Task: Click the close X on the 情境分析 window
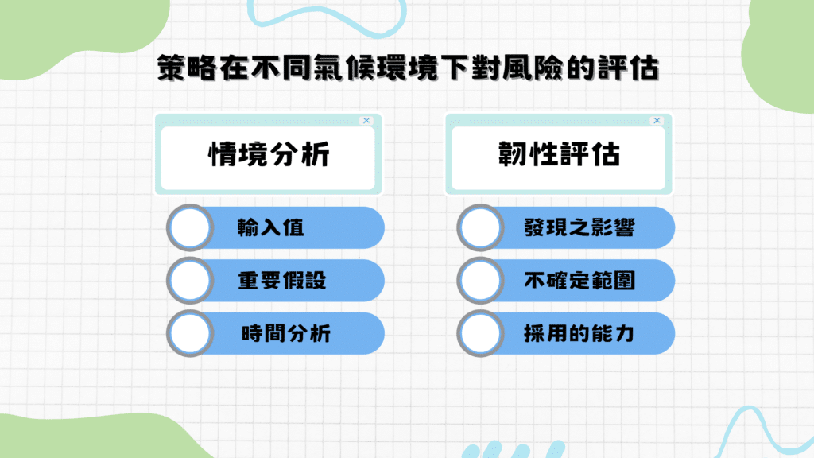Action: pyautogui.click(x=366, y=121)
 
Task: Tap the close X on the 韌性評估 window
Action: pyautogui.click(x=657, y=121)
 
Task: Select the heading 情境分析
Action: pyautogui.click(x=268, y=155)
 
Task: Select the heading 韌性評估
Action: pyautogui.click(x=558, y=155)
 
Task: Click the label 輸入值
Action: pyautogui.click(x=271, y=228)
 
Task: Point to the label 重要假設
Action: pyautogui.click(x=282, y=281)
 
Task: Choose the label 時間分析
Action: pyautogui.click(x=285, y=333)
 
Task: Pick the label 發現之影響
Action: pyautogui.click(x=579, y=228)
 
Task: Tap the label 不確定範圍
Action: pyautogui.click(x=579, y=281)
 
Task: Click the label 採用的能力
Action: pyautogui.click(x=579, y=333)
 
